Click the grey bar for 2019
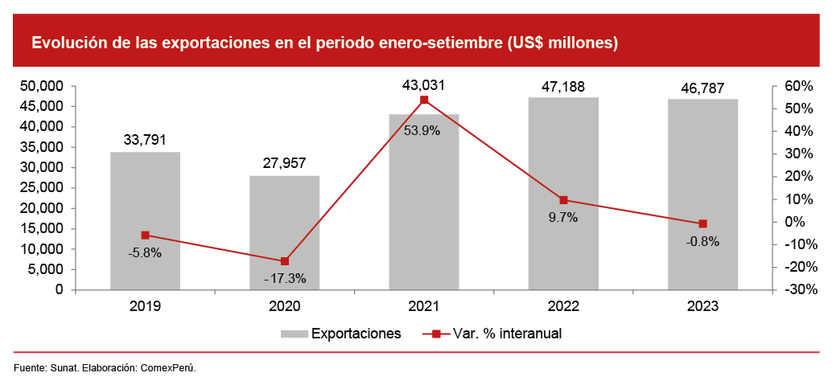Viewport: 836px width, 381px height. coord(145,221)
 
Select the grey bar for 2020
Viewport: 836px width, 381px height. coord(284,233)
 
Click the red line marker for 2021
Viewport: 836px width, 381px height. coord(424,100)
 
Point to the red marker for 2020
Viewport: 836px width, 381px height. coord(284,261)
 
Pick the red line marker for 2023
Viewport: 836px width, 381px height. coord(702,223)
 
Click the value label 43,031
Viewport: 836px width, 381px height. coord(423,84)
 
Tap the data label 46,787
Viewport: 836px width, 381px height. coord(702,85)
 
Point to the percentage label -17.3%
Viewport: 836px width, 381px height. coord(285,279)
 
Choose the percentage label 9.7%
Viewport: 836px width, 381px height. coord(562,217)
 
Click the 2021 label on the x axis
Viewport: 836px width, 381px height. coord(424,306)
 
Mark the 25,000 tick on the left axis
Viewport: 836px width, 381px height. coord(40,188)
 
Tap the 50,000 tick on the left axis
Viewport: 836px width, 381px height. coord(40,86)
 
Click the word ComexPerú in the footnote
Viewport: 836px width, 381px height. coord(168,367)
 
